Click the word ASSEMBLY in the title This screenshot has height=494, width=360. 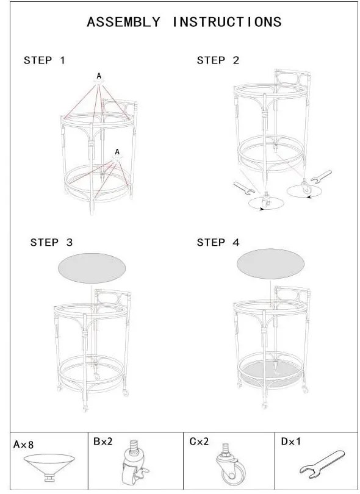click(x=124, y=22)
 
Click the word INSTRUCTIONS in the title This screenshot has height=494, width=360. click(x=227, y=22)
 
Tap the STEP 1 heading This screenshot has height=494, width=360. click(x=45, y=60)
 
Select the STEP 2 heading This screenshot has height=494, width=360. click(x=218, y=60)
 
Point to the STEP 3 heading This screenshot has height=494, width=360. click(x=51, y=242)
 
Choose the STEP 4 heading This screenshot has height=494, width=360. click(x=218, y=242)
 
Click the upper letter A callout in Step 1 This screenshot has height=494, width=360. click(x=99, y=76)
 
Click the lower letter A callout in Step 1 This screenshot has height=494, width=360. click(x=117, y=152)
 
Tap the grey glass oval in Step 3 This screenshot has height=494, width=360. click(x=92, y=268)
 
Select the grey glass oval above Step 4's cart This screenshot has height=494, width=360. click(x=270, y=263)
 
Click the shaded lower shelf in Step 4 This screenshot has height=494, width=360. click(x=270, y=371)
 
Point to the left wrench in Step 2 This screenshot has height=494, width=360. click(x=244, y=188)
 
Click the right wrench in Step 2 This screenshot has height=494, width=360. click(x=321, y=176)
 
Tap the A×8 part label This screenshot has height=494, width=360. click(x=23, y=445)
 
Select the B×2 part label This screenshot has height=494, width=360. click(x=103, y=442)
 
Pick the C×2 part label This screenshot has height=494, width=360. click(x=199, y=442)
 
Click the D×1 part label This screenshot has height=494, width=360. click(x=290, y=442)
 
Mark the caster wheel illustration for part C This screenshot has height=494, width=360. click(x=231, y=465)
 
